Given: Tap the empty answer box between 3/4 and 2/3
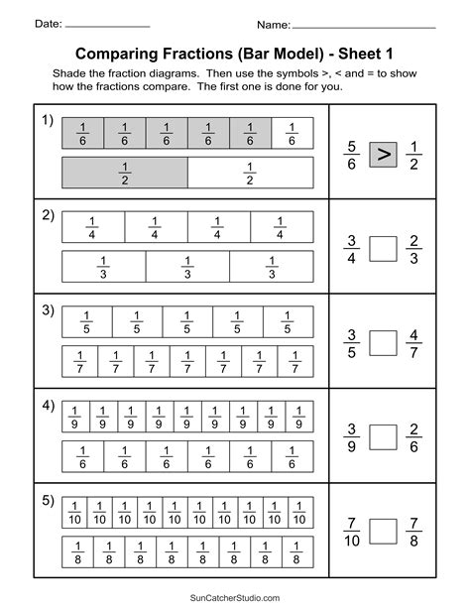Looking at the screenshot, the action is point(383,248).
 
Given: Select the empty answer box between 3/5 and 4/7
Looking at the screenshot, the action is point(383,342).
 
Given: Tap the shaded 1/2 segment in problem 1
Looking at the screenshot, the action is point(125,173).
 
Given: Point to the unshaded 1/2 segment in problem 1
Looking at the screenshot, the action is point(250,173).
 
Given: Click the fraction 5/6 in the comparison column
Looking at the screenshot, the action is point(351,154).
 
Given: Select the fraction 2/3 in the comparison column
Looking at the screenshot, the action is point(415,248).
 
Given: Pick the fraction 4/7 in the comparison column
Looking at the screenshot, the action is point(415,342).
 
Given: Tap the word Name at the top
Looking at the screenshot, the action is point(273,23).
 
